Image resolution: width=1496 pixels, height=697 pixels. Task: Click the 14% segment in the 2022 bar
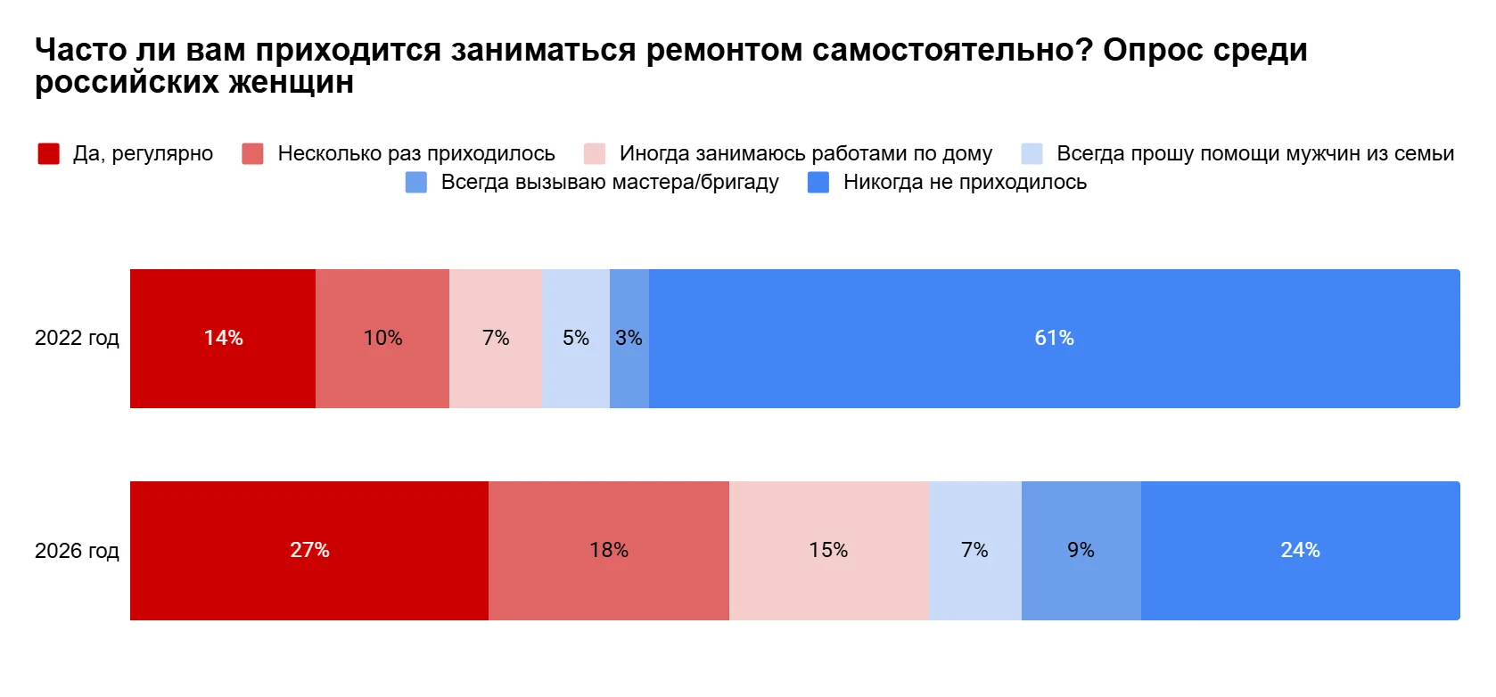point(223,339)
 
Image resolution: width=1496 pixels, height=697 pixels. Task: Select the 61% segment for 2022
point(1054,339)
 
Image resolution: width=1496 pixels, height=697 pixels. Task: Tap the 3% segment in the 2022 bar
point(629,339)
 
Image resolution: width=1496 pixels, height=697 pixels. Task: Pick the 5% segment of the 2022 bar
point(576,339)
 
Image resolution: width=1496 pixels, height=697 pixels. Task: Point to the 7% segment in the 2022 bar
point(496,339)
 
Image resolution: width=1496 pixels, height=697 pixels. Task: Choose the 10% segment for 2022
point(382,339)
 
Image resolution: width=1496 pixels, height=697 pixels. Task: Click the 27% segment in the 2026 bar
point(309,551)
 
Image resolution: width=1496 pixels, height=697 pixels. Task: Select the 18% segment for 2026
point(609,551)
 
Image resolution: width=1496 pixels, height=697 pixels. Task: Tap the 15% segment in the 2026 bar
point(829,551)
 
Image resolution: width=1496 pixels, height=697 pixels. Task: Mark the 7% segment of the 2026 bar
point(974,551)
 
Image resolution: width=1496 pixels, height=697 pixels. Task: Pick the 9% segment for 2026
point(1081,551)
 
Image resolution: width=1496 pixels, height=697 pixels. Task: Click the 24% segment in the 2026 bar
point(1300,551)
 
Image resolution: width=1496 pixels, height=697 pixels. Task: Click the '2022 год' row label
point(77,339)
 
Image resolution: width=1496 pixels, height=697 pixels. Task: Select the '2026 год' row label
point(77,551)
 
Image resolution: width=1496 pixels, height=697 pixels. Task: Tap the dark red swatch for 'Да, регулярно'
point(49,154)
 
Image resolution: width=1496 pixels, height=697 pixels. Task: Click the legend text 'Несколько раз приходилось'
point(416,154)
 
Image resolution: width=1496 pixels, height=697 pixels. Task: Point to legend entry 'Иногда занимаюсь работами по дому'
point(805,154)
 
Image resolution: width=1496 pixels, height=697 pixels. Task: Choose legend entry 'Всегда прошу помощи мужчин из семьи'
point(1254,154)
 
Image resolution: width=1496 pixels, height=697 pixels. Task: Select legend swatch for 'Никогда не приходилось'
point(818,183)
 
